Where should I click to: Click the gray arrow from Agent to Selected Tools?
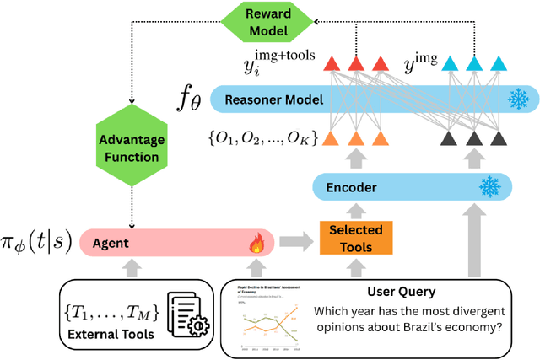tap(296, 244)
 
